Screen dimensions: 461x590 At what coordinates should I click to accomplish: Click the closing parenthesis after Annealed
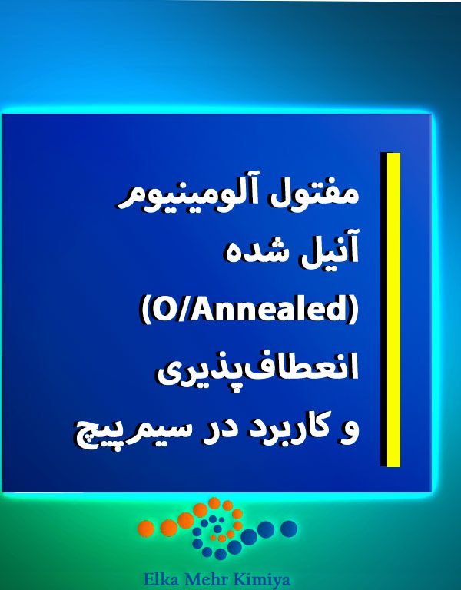click(x=352, y=310)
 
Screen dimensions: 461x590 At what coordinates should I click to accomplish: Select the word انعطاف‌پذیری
click(x=258, y=370)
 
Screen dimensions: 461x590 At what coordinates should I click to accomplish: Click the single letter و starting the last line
click(x=350, y=433)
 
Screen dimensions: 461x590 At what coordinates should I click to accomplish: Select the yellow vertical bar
click(x=393, y=310)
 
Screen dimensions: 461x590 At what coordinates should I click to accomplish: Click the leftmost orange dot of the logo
click(x=146, y=528)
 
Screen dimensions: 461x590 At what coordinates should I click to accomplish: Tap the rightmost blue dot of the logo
click(x=289, y=528)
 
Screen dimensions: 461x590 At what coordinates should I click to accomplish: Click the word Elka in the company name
click(x=163, y=579)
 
